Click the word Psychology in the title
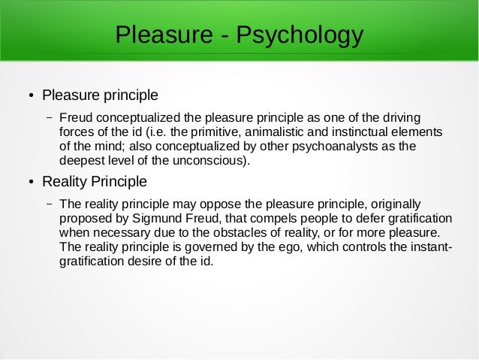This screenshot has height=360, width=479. (x=300, y=35)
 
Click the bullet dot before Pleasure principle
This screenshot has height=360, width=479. (x=32, y=95)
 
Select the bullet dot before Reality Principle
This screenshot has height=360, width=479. (x=32, y=183)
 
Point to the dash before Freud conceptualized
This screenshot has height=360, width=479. (x=50, y=118)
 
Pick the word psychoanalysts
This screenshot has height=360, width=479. (x=335, y=147)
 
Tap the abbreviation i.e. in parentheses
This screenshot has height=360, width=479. (x=157, y=132)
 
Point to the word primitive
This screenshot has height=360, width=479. (x=216, y=132)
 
